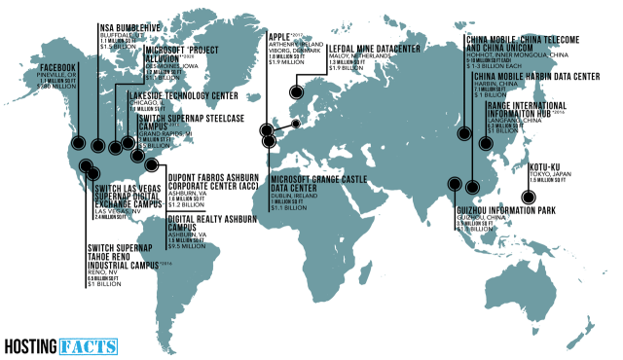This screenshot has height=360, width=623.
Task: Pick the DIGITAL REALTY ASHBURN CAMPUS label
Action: coord(205,225)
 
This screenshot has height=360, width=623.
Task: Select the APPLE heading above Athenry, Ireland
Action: coord(280,36)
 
